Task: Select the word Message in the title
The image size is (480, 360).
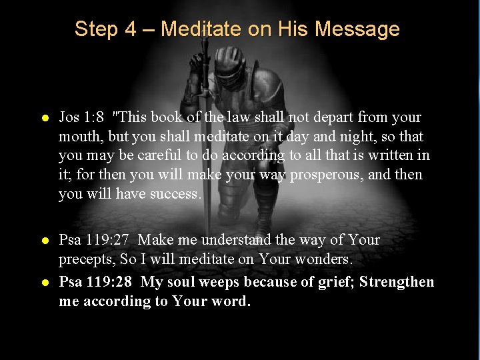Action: click(357, 29)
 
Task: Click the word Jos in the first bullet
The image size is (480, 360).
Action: click(69, 117)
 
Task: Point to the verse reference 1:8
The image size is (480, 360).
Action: click(92, 117)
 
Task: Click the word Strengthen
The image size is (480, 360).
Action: click(397, 282)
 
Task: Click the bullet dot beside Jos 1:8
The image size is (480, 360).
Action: click(44, 118)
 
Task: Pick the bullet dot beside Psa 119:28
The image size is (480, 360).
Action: click(44, 283)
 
